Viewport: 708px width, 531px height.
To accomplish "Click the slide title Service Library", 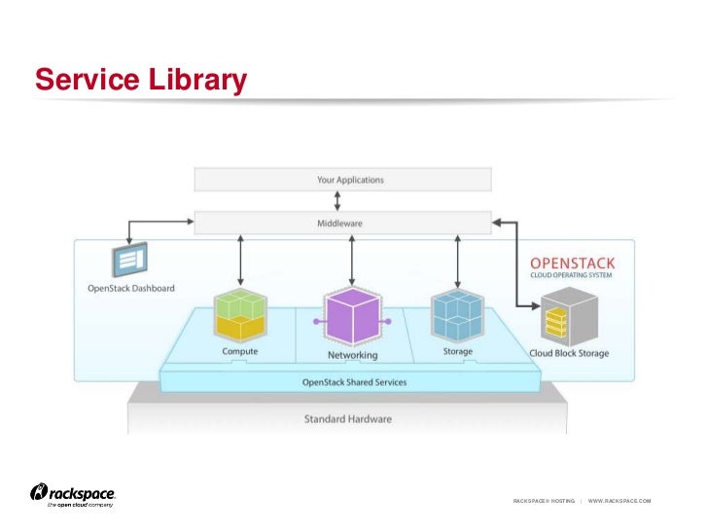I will tap(141, 80).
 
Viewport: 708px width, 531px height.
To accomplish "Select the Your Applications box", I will tap(342, 180).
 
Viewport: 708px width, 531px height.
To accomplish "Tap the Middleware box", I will tap(342, 224).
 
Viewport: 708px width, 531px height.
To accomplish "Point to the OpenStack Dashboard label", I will tap(132, 289).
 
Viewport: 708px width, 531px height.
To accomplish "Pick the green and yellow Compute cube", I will tap(240, 312).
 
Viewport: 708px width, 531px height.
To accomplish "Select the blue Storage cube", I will tap(457, 312).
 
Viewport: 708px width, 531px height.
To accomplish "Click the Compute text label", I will tap(240, 352).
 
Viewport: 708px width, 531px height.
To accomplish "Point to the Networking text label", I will tap(352, 355).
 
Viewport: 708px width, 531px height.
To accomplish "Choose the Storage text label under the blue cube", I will tap(458, 351).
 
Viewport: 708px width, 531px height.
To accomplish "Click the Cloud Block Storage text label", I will tap(569, 353).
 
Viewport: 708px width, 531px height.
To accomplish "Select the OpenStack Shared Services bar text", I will tap(354, 382).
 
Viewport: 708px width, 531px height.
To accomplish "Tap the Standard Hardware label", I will tap(348, 419).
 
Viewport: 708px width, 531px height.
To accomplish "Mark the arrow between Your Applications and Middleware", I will tap(337, 201).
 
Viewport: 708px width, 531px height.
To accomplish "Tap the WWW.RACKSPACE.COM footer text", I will tap(619, 501).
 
